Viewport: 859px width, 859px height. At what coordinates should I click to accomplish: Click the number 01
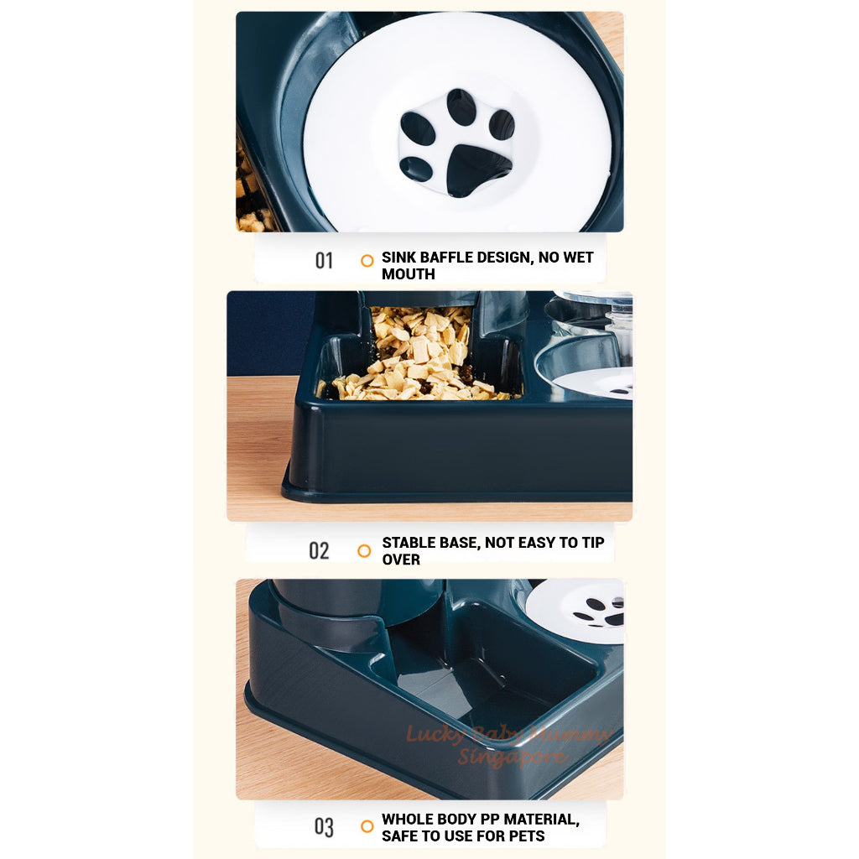point(324,261)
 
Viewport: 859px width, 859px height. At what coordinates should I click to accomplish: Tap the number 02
point(319,551)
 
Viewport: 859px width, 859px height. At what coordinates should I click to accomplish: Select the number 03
point(324,827)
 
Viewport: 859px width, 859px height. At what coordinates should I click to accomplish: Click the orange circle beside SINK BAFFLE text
point(367,261)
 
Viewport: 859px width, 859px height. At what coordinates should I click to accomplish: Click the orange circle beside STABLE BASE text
point(364,551)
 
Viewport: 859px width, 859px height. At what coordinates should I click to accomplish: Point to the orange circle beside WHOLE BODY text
point(367,826)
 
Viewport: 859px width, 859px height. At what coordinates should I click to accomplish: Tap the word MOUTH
point(409,274)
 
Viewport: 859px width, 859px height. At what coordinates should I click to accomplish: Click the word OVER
point(401,560)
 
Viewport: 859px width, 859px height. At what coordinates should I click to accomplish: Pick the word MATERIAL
point(539,819)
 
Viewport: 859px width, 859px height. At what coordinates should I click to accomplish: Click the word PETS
point(523,836)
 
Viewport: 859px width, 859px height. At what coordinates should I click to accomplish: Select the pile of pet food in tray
point(419,357)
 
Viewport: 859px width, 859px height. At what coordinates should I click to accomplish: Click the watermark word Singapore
point(512,757)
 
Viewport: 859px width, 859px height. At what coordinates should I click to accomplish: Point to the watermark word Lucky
point(431,736)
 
